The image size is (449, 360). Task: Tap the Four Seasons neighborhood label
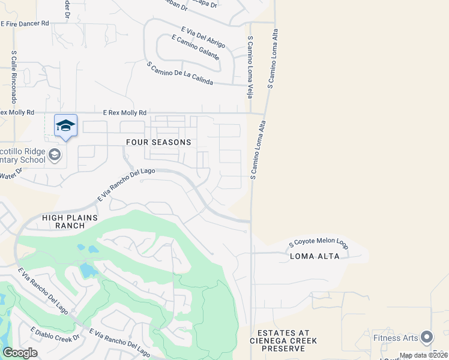pos(158,142)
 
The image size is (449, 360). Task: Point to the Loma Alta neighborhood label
pos(315,256)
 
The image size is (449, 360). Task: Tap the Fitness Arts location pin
pos(427,337)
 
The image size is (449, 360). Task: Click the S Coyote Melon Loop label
pos(318,244)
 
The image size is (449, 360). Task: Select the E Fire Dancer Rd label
pos(25,23)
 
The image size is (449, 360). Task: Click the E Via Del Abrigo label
pos(203,37)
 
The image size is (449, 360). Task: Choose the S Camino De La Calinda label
pos(179,73)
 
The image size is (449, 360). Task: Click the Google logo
pos(20,353)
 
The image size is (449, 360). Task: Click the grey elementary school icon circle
pos(55,155)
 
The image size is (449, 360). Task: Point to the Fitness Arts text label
pos(394,338)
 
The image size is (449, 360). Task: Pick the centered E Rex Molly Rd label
pos(125,113)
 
